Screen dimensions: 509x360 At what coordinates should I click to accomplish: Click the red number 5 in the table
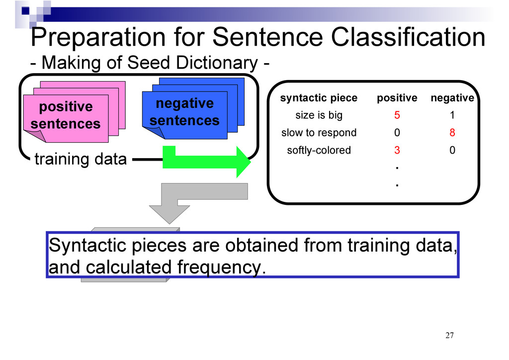(x=397, y=115)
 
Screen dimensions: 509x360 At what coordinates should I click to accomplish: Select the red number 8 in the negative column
(x=452, y=132)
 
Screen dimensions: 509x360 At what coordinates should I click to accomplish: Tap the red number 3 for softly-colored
(x=397, y=150)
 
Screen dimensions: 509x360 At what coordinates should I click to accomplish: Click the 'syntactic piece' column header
(x=319, y=98)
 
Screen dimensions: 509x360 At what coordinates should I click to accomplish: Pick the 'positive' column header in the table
(x=397, y=98)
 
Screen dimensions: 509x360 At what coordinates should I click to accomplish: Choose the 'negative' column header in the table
(x=452, y=98)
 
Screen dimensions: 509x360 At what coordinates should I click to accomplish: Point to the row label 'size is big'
(x=319, y=115)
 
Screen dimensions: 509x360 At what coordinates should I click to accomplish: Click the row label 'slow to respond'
(x=319, y=133)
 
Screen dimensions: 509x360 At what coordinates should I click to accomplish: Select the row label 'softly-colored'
(x=319, y=150)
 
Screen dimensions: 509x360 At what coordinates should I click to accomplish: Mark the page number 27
(x=449, y=335)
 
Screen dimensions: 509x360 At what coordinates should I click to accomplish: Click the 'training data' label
(x=81, y=159)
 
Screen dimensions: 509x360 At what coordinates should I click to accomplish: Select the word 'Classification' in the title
(x=408, y=37)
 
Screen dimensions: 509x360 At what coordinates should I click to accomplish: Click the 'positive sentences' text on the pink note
(x=66, y=115)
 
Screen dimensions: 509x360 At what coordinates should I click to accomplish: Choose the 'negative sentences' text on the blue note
(x=184, y=112)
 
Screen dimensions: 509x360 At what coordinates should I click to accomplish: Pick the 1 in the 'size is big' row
(x=452, y=115)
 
